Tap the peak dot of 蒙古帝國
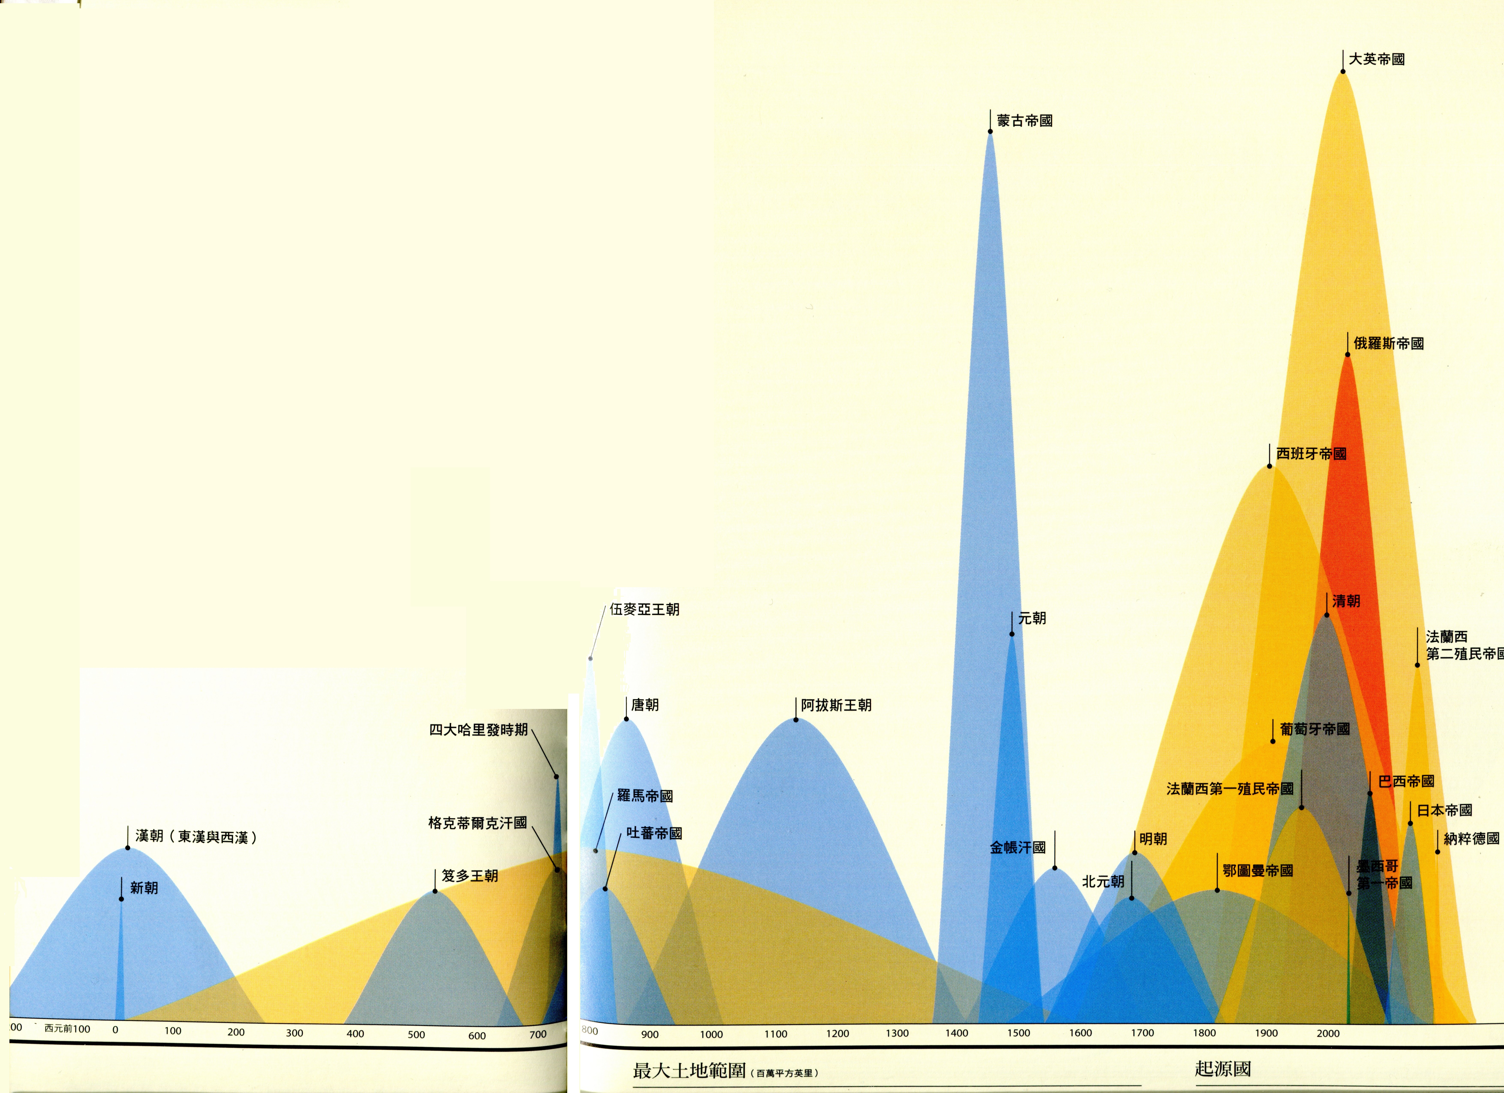point(990,131)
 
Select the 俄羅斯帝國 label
point(1389,344)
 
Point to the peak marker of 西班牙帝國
point(1269,466)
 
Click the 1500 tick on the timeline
point(1019,1033)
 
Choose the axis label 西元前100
point(67,1029)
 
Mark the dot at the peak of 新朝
point(121,899)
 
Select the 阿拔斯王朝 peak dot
point(796,720)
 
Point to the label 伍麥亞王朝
point(645,610)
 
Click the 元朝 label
point(1032,618)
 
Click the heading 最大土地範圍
point(690,1070)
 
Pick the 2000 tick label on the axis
point(1328,1033)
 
